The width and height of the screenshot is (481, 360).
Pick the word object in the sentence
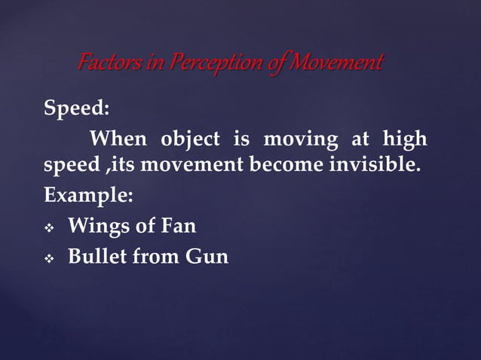click(x=188, y=139)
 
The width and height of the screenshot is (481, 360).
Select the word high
click(x=404, y=139)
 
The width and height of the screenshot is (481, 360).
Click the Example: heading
click(x=88, y=196)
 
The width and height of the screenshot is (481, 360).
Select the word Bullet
click(x=97, y=257)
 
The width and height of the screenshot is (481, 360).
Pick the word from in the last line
click(x=155, y=257)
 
